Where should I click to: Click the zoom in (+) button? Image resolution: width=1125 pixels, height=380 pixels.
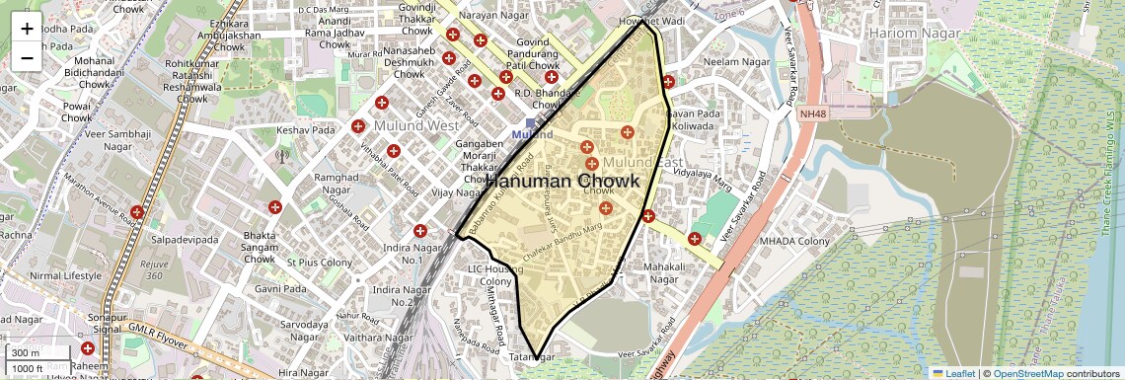point(27,29)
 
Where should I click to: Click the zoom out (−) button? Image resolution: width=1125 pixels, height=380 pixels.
point(27,58)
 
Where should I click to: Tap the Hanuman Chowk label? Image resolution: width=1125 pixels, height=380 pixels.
point(562,182)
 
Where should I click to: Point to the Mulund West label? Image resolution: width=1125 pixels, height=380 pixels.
point(415,125)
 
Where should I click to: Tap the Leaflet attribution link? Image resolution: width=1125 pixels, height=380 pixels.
point(953,373)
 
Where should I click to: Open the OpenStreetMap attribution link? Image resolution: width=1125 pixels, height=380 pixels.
point(1032,373)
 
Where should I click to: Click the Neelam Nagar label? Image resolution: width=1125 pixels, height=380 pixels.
point(735,61)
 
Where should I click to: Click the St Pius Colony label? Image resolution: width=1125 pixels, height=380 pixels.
point(319,263)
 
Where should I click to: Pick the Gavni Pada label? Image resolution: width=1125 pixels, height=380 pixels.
point(281,289)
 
